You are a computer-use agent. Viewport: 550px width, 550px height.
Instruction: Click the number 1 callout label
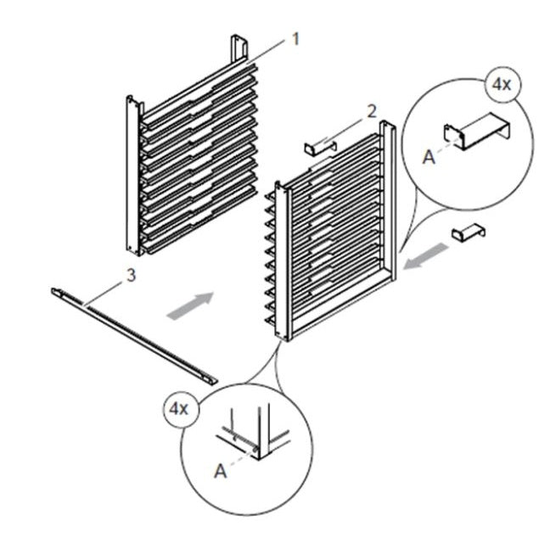tap(296, 37)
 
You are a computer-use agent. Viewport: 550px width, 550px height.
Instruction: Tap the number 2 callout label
tap(370, 110)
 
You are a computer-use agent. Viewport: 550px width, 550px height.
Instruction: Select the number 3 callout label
tap(129, 274)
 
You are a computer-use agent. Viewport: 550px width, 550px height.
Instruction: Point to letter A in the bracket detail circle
tap(428, 157)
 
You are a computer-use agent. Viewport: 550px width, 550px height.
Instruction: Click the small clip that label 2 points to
tap(320, 149)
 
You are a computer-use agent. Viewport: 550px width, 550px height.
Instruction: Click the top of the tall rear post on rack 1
tap(239, 43)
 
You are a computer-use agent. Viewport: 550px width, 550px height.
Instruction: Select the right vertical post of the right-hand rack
tap(389, 204)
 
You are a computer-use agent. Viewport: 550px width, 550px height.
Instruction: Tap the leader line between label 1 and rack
tap(270, 51)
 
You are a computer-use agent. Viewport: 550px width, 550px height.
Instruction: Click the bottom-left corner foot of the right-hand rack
tap(280, 336)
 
